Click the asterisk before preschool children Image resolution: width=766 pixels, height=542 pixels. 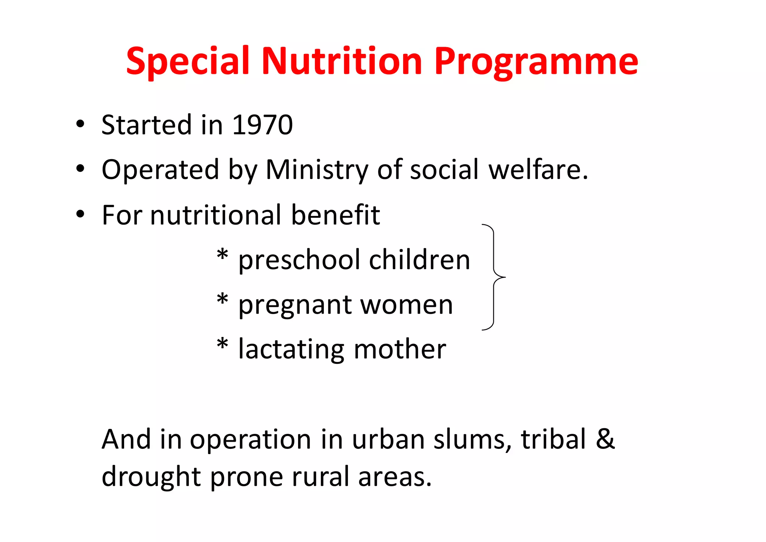222,255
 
